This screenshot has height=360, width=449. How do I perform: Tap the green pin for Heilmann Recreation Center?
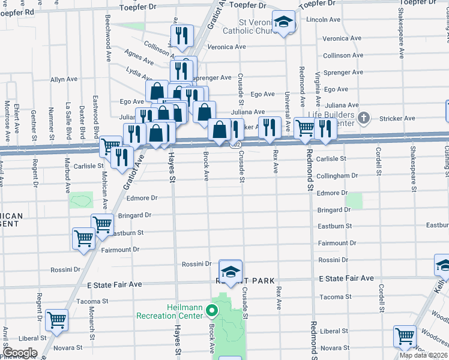[211, 311]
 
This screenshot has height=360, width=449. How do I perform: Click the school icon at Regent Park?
[231, 270]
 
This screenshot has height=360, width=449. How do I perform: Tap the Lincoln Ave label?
[323, 20]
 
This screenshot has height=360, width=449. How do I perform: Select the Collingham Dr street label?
[337, 176]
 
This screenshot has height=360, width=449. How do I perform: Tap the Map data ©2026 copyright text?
[423, 355]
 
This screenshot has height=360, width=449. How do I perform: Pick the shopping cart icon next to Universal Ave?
[305, 127]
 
